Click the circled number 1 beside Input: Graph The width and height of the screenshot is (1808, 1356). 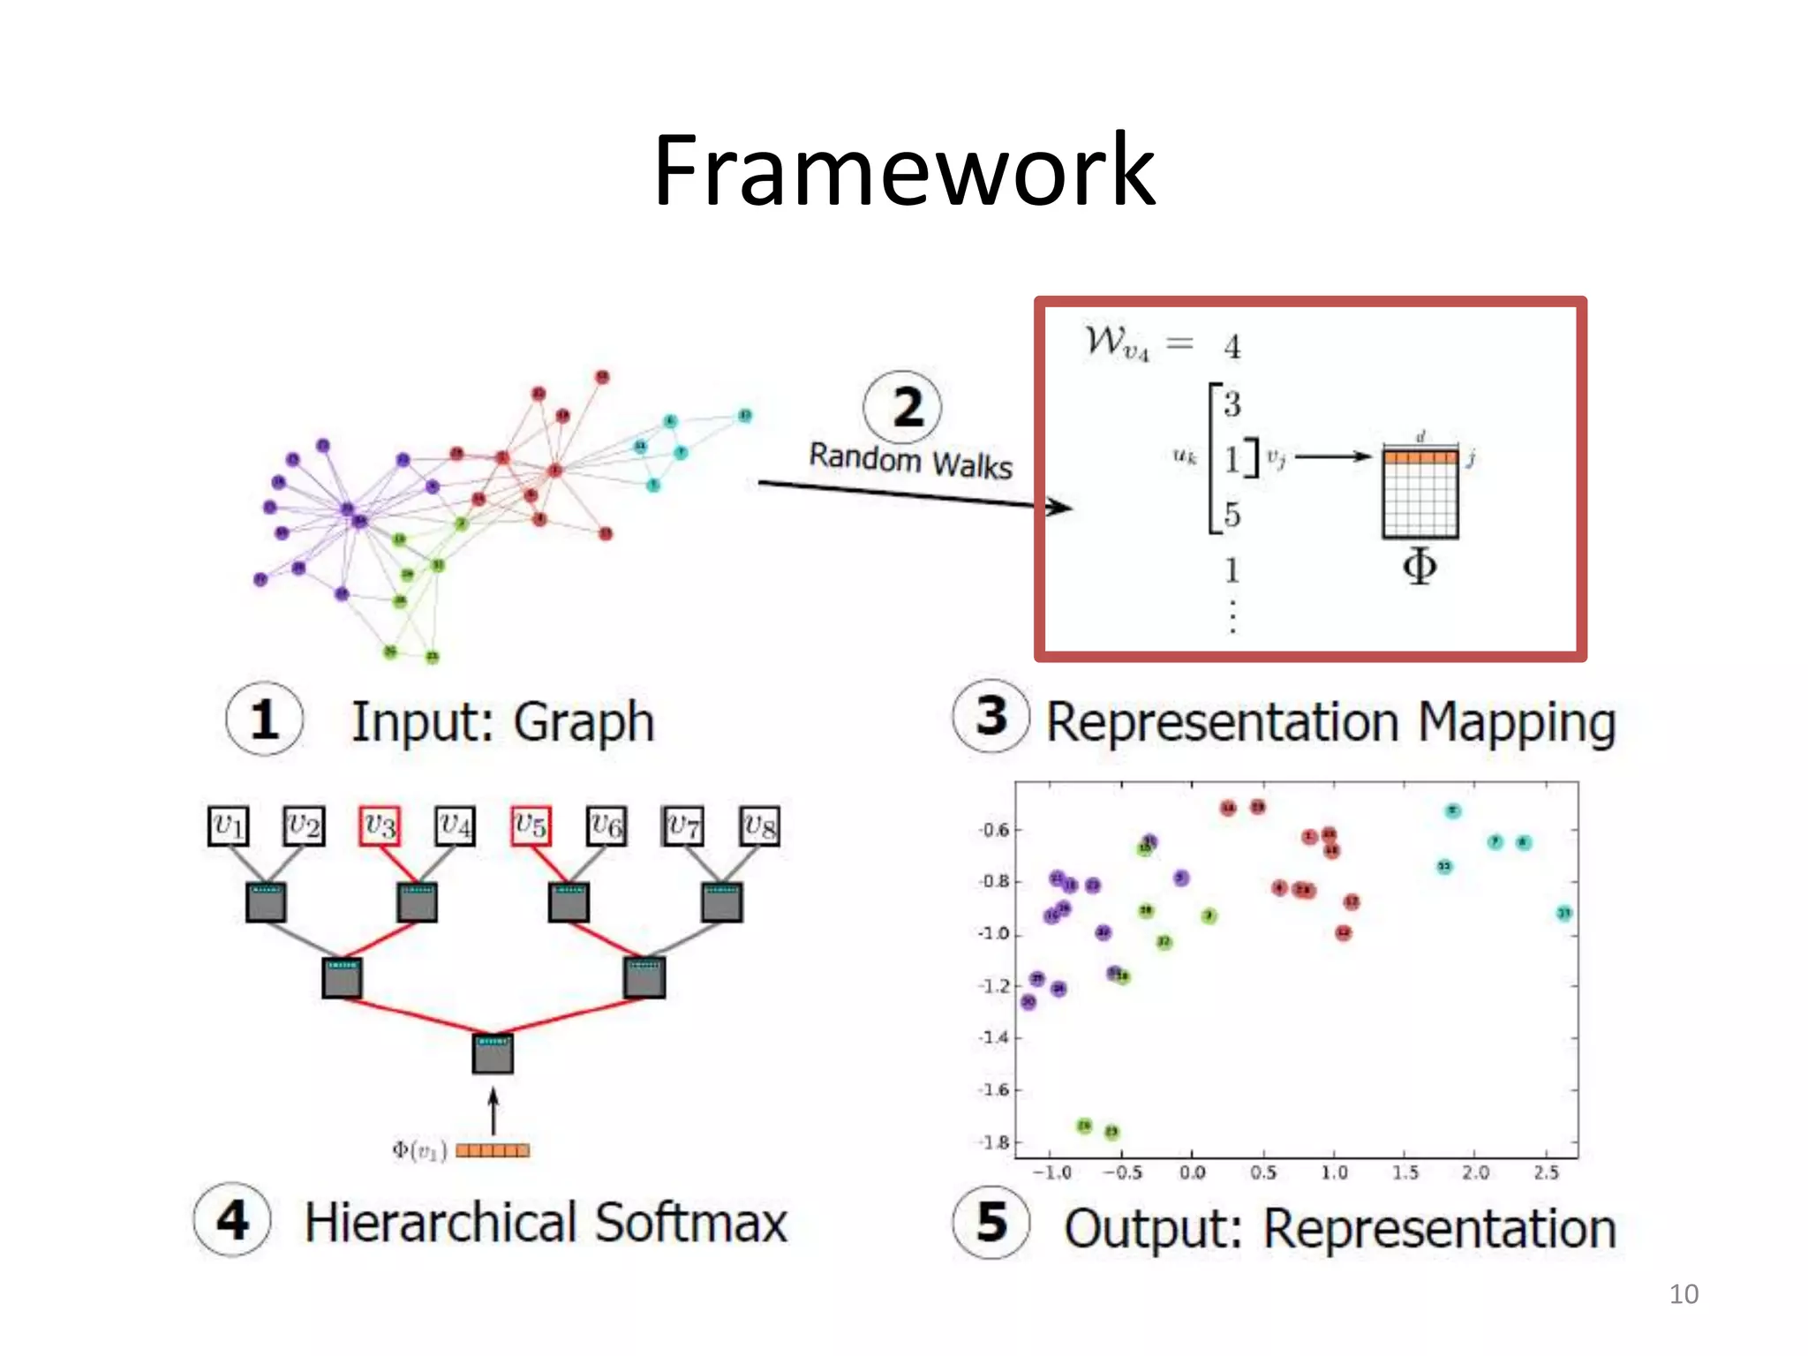point(264,719)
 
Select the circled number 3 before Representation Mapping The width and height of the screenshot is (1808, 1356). point(991,716)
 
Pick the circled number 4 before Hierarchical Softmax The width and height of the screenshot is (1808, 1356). point(232,1221)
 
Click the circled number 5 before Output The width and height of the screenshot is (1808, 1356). point(991,1223)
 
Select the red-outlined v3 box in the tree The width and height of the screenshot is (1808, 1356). point(380,826)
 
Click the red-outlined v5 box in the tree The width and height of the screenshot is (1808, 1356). point(531,826)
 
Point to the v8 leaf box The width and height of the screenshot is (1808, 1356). point(759,826)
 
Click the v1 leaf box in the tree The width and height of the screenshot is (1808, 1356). point(228,826)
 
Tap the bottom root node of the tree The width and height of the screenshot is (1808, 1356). point(493,1053)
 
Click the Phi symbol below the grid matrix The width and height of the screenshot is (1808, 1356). point(1420,566)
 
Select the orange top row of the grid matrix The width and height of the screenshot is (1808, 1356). point(1420,456)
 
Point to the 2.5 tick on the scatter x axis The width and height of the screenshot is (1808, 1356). point(1546,1172)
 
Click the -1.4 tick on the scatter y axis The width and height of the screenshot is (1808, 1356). point(993,1037)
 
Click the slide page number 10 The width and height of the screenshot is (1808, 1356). point(1683,1294)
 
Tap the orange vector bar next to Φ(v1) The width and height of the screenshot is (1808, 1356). point(493,1150)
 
